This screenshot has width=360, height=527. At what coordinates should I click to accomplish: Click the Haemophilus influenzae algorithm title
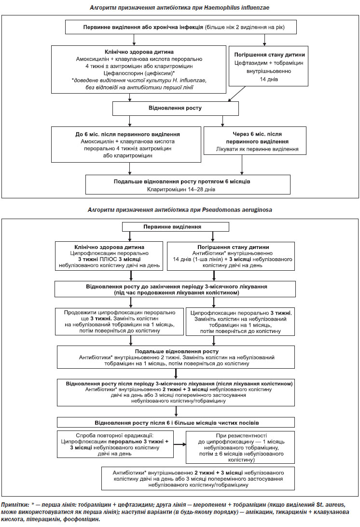pyautogui.click(x=180, y=7)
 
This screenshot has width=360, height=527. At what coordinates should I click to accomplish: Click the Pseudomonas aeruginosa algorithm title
pyautogui.click(x=180, y=210)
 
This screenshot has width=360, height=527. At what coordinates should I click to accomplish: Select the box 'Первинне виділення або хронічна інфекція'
pyautogui.click(x=181, y=27)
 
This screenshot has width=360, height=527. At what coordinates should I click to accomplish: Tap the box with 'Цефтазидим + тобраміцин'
pyautogui.click(x=269, y=66)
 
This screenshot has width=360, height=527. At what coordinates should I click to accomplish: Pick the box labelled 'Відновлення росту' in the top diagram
pyautogui.click(x=176, y=109)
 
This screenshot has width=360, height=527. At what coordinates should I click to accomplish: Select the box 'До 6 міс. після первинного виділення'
pyautogui.click(x=126, y=144)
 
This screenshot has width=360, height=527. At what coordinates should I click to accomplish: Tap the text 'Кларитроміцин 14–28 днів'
pyautogui.click(x=181, y=190)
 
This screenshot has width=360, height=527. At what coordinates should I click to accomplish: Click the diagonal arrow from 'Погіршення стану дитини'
pyautogui.click(x=237, y=94)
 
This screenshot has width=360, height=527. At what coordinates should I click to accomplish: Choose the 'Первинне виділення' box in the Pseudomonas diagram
pyautogui.click(x=176, y=227)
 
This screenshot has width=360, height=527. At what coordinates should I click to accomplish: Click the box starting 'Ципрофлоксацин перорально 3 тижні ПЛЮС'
pyautogui.click(x=109, y=256)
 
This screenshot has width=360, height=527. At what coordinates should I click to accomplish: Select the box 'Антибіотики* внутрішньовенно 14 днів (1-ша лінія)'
pyautogui.click(x=231, y=256)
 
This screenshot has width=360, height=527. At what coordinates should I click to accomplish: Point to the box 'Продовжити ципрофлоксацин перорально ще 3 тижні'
pyautogui.click(x=120, y=321)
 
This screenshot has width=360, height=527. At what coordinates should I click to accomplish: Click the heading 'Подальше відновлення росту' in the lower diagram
pyautogui.click(x=177, y=351)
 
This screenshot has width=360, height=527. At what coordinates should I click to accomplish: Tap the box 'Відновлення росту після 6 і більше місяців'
pyautogui.click(x=176, y=422)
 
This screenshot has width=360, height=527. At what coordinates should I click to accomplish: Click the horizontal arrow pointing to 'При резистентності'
pyautogui.click(x=180, y=444)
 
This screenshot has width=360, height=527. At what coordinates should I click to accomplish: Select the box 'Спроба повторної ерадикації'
pyautogui.click(x=115, y=444)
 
